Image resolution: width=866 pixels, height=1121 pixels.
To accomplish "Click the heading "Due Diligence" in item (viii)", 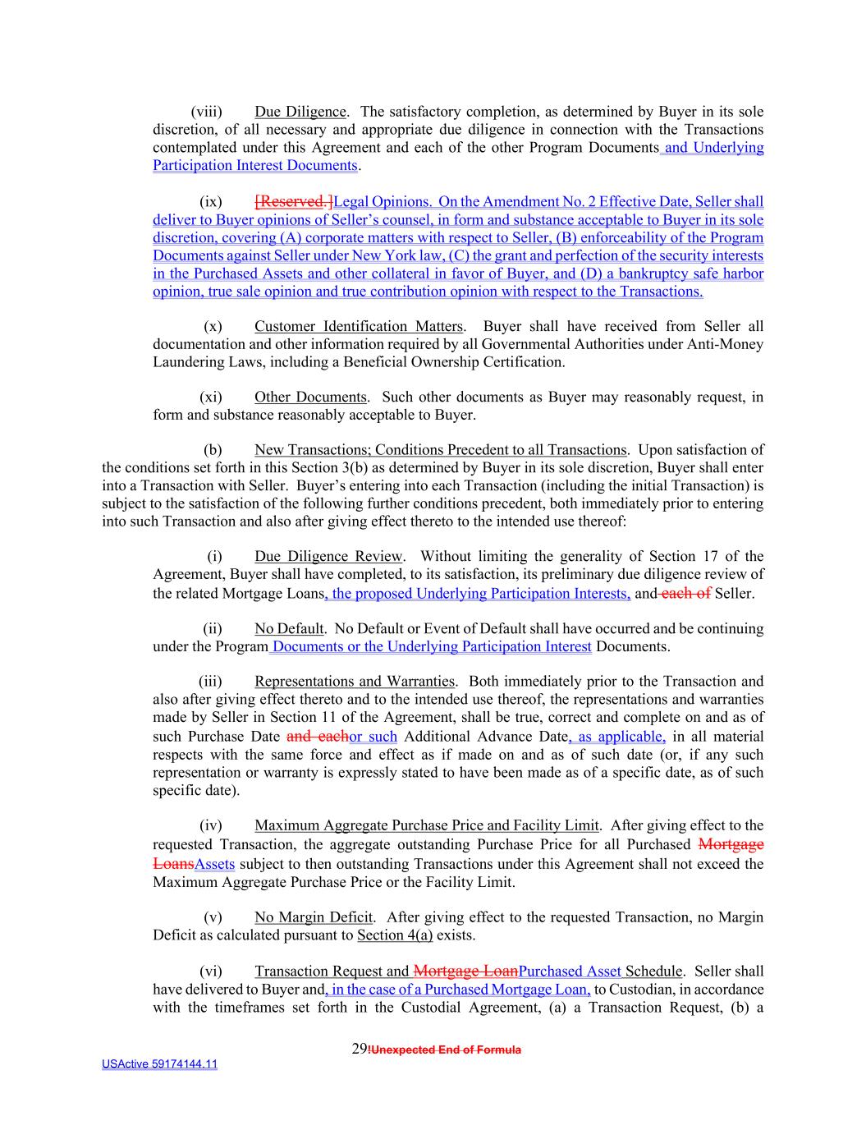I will pyautogui.click(x=300, y=112).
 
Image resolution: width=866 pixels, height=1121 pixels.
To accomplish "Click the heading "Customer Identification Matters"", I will pyautogui.click(x=359, y=327).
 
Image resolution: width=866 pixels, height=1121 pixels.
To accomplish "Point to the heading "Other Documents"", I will pyautogui.click(x=310, y=397).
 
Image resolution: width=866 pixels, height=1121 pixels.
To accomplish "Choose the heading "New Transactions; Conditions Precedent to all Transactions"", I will pyautogui.click(x=440, y=450).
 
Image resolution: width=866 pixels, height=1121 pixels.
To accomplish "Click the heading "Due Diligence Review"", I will pyautogui.click(x=328, y=557).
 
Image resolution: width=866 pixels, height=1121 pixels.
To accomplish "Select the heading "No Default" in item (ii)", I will pyautogui.click(x=289, y=629).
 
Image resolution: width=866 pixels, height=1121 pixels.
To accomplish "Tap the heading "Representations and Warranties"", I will pyautogui.click(x=354, y=682).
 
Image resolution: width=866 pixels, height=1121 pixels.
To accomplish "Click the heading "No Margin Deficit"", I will pyautogui.click(x=314, y=917).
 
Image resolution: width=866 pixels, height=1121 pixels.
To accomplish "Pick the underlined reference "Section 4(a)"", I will pyautogui.click(x=395, y=935).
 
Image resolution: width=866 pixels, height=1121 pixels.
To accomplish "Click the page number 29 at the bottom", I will pyautogui.click(x=359, y=1049).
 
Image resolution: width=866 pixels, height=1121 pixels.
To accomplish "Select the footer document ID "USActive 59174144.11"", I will pyautogui.click(x=160, y=1064).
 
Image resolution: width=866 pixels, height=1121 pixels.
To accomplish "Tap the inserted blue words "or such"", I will pyautogui.click(x=373, y=737).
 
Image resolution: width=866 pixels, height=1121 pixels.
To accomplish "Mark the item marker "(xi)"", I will pyautogui.click(x=211, y=397).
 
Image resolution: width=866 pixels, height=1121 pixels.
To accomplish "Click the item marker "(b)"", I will pyautogui.click(x=213, y=450).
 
